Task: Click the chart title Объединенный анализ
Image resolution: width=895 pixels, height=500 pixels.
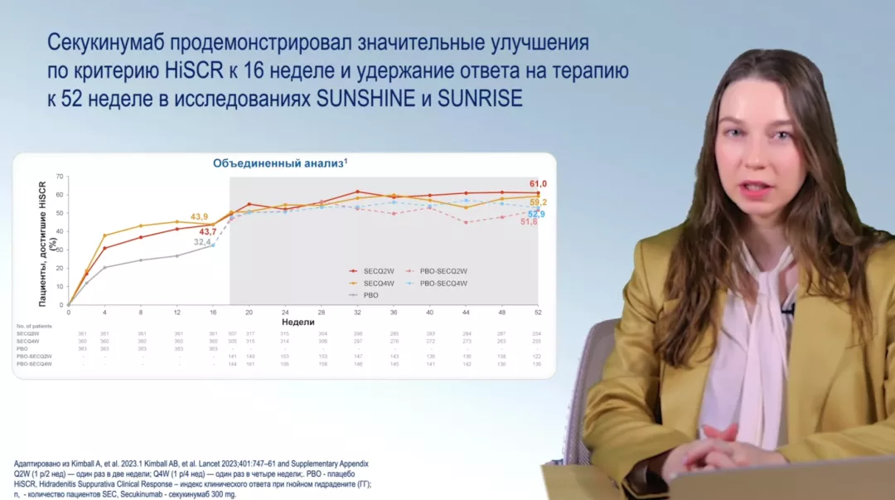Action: click(x=278, y=163)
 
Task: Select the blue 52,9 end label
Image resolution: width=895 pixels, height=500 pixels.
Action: click(x=537, y=215)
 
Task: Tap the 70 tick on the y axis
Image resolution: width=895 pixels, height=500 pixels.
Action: click(x=59, y=176)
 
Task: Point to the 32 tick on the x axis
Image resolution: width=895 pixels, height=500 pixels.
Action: click(x=357, y=313)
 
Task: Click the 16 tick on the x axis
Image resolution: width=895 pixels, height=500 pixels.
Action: click(x=213, y=313)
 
